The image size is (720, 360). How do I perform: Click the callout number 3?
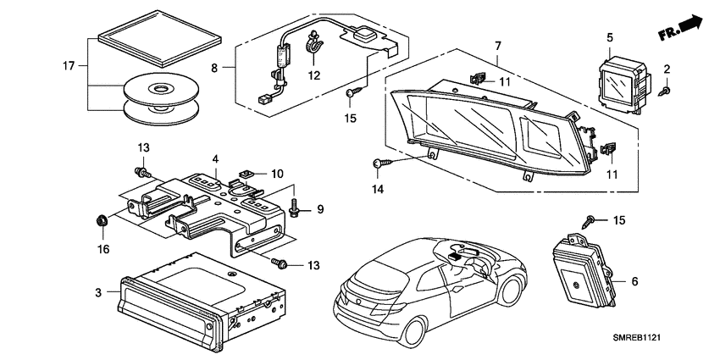[98, 291]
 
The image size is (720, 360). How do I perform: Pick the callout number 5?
[610, 37]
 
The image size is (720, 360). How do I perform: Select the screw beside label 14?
[380, 163]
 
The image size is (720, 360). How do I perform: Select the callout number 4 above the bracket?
[216, 159]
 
